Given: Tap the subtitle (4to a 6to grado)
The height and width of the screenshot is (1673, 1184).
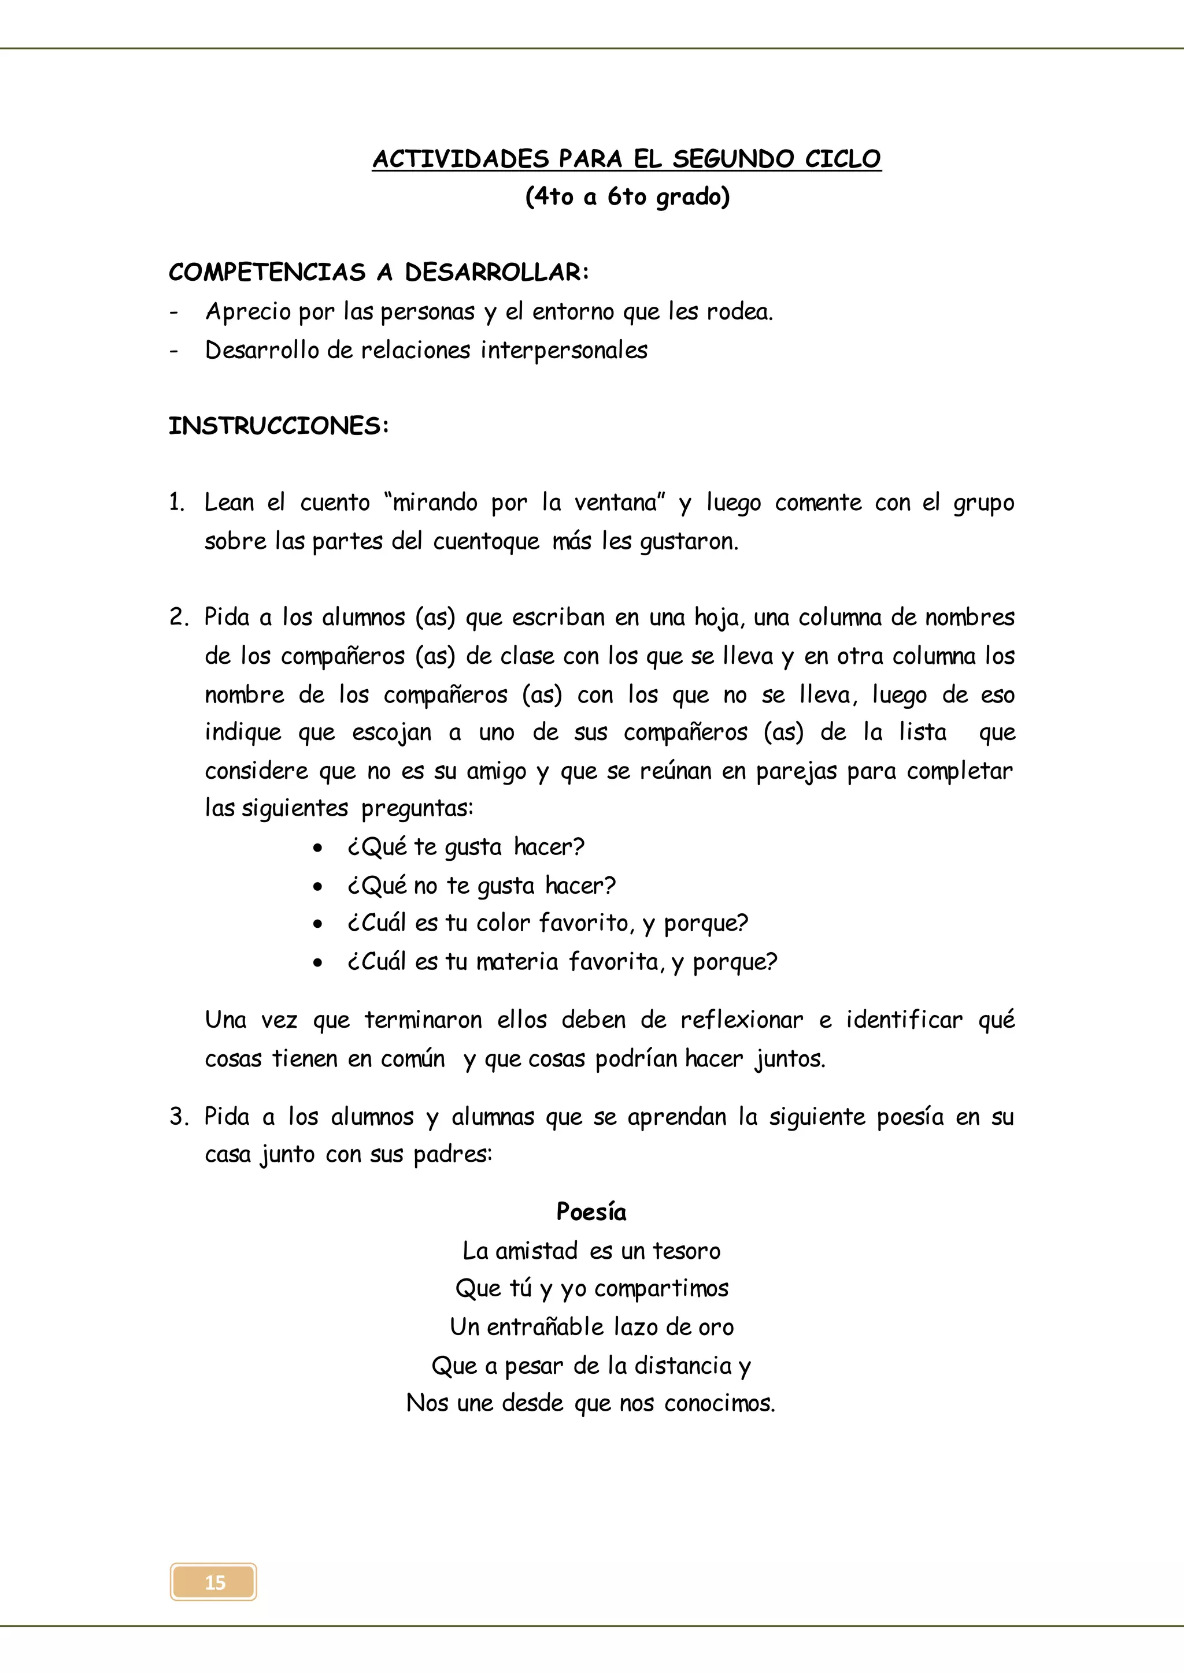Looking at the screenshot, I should click(x=627, y=197).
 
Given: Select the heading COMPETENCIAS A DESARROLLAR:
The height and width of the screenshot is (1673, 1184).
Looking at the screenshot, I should click(x=379, y=273).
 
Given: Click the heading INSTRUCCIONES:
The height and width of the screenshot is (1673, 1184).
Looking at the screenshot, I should click(x=279, y=426).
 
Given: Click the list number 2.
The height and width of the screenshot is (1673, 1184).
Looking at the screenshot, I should click(x=177, y=617).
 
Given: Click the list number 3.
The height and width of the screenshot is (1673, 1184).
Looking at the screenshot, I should click(x=177, y=1117).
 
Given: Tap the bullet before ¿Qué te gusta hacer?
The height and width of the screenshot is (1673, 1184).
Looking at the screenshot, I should click(x=317, y=849).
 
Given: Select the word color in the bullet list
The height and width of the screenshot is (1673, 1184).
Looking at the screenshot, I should click(x=502, y=923).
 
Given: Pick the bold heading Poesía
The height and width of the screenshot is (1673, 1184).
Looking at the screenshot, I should click(x=590, y=1212).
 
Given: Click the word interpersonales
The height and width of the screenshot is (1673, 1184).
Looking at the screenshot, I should click(x=564, y=351).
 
